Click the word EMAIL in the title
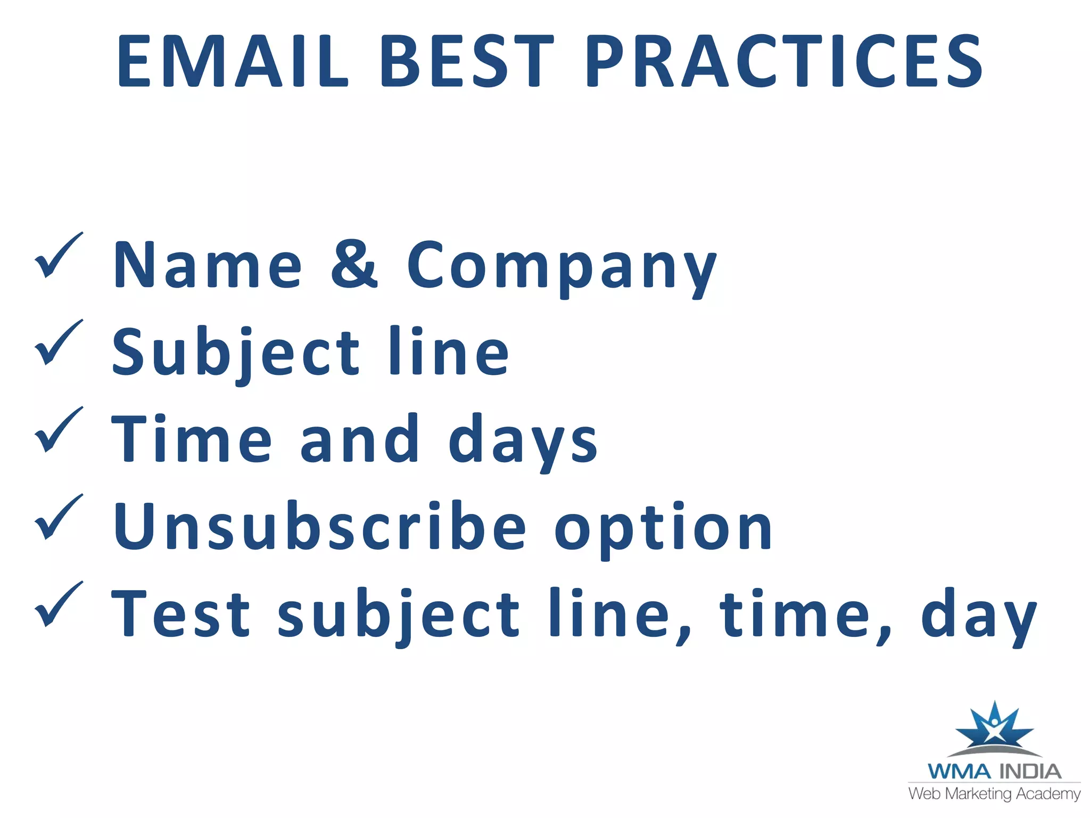click(x=233, y=61)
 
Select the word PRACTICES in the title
click(x=783, y=61)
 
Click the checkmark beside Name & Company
click(x=58, y=256)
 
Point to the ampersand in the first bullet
click(x=354, y=265)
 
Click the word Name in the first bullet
click(x=208, y=265)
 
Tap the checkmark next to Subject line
click(x=58, y=343)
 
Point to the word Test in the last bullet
click(x=180, y=613)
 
